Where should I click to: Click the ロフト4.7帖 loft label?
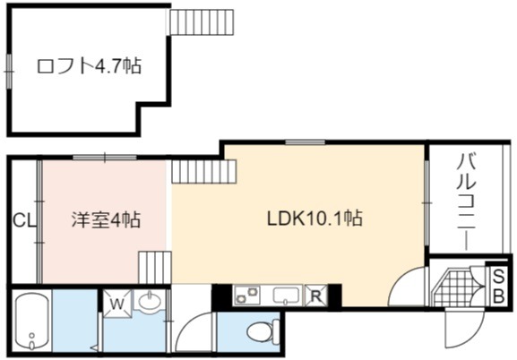89,66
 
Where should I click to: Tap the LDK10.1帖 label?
315,219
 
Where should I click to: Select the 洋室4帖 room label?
106,219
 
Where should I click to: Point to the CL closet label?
24,220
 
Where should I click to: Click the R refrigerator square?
316,296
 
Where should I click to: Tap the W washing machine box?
116,304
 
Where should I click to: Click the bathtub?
32,321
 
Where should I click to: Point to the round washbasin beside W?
150,301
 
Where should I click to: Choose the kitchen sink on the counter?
286,295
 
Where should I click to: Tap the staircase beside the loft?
202,21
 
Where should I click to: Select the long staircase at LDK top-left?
204,171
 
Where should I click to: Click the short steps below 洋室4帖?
155,268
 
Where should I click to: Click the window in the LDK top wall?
305,142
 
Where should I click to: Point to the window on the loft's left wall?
9,72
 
